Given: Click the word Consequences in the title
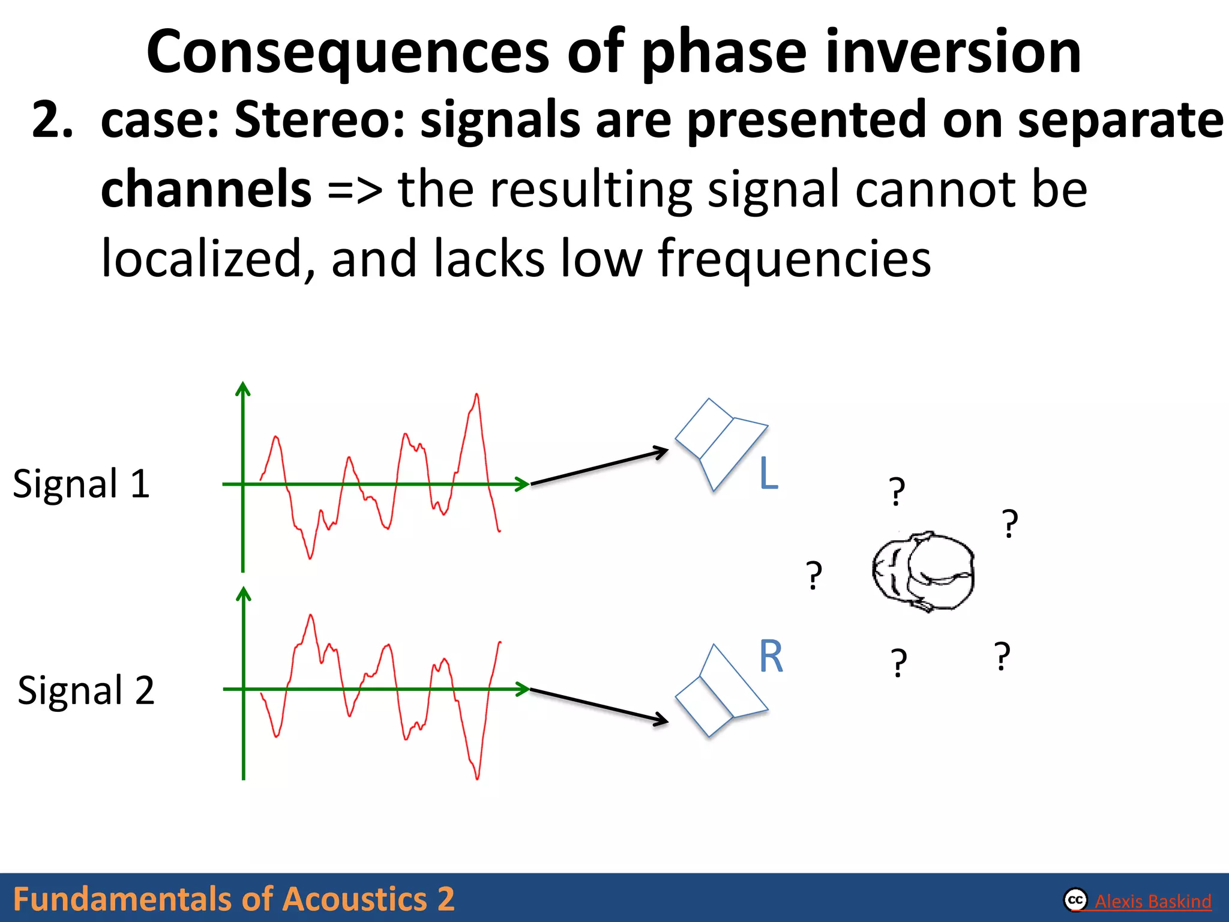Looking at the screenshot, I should pos(347,53).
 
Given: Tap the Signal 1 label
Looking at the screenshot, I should pos(81,484).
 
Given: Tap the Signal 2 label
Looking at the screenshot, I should pos(86,690).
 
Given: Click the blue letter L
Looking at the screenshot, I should pos(768,474).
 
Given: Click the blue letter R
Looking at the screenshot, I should pos(771,657).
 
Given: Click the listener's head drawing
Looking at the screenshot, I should pos(923,571).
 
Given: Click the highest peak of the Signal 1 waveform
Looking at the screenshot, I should pos(476,396).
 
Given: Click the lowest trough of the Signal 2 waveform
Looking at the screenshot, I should pos(477,778).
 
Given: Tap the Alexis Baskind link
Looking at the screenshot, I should pos(1152,901).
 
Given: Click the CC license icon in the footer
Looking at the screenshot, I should pos(1075,900).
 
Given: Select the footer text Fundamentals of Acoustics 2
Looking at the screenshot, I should pos(233,899).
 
